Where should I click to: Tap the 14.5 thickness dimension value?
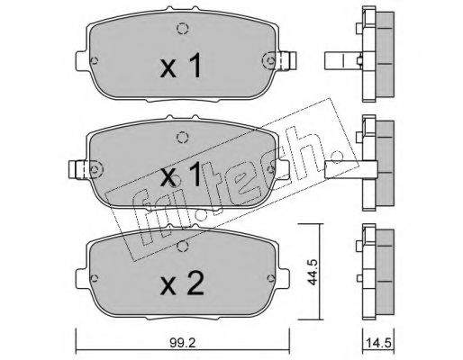pyautogui.click(x=379, y=343)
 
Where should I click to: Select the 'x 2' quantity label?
pyautogui.click(x=182, y=283)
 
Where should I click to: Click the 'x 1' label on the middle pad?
pyautogui.click(x=180, y=174)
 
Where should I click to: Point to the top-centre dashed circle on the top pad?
pyautogui.click(x=182, y=29)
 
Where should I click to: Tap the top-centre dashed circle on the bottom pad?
pyautogui.click(x=182, y=246)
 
